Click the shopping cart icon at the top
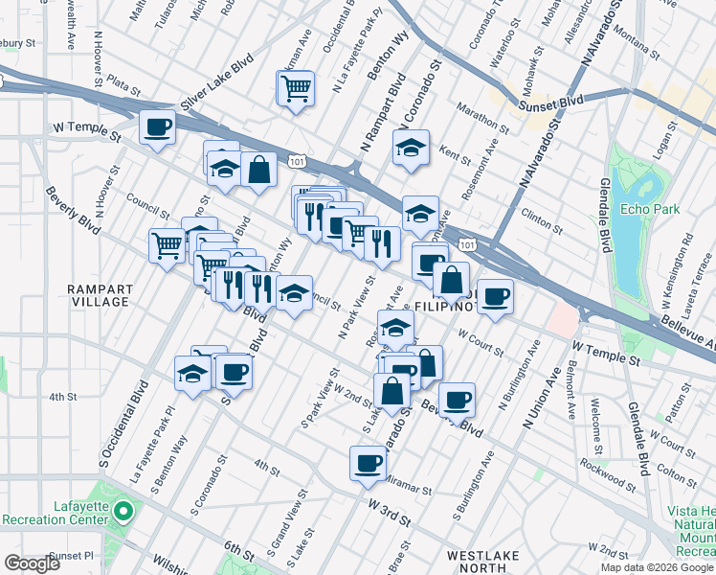(296, 89)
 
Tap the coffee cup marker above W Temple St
(157, 126)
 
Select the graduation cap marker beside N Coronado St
(411, 149)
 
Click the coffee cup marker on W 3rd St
(368, 465)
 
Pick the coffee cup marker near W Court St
(495, 297)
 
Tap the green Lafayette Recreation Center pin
(122, 512)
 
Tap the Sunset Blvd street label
(552, 101)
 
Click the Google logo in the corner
(32, 563)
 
